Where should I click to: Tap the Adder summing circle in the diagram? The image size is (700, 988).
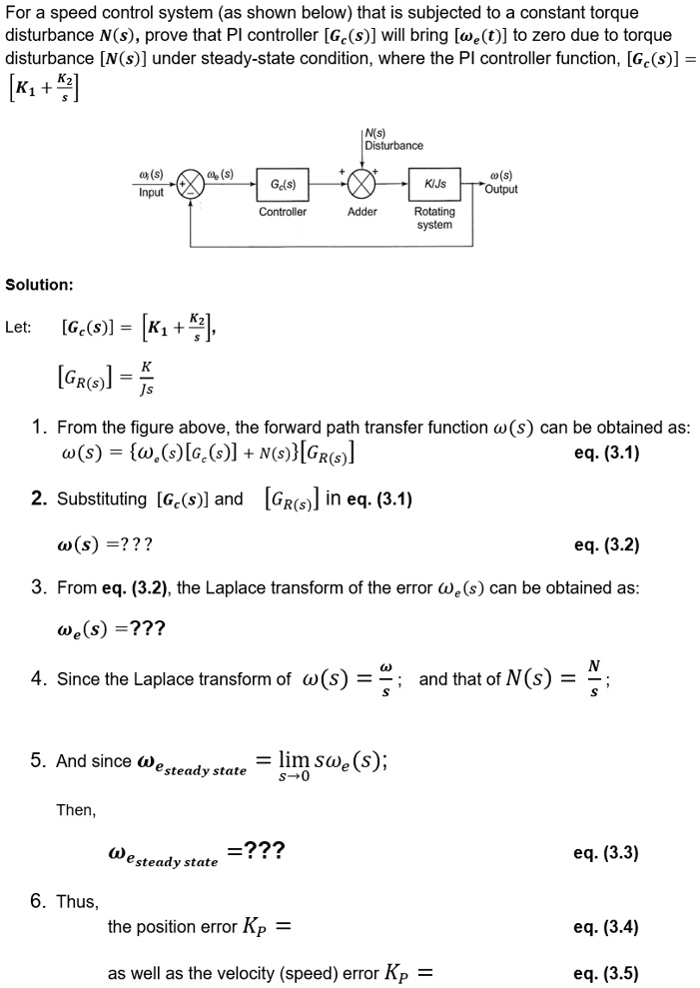tap(361, 185)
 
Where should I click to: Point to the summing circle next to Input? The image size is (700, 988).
tap(191, 185)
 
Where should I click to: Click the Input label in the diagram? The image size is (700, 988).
tap(152, 192)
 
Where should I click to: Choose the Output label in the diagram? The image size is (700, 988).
tap(500, 190)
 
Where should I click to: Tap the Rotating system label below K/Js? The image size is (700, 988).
tap(434, 218)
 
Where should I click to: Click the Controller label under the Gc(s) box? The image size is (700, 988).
tap(283, 212)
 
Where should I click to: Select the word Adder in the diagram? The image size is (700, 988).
tap(361, 212)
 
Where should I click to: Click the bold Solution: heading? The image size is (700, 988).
tap(39, 285)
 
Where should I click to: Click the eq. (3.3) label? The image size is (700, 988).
tap(605, 853)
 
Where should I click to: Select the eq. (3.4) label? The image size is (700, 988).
tap(605, 927)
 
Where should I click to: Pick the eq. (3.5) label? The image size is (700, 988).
tap(605, 973)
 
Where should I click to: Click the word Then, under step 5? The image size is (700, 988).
tap(76, 810)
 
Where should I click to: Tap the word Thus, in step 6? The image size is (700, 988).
tap(77, 902)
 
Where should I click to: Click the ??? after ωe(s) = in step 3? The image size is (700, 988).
tap(146, 628)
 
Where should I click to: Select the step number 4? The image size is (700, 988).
tap(37, 679)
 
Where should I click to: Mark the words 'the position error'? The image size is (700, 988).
tap(171, 927)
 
